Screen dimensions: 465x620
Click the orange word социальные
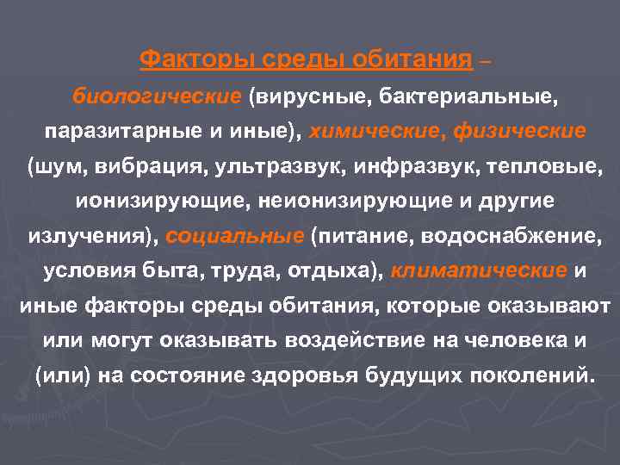click(235, 236)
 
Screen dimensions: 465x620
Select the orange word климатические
click(479, 270)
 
